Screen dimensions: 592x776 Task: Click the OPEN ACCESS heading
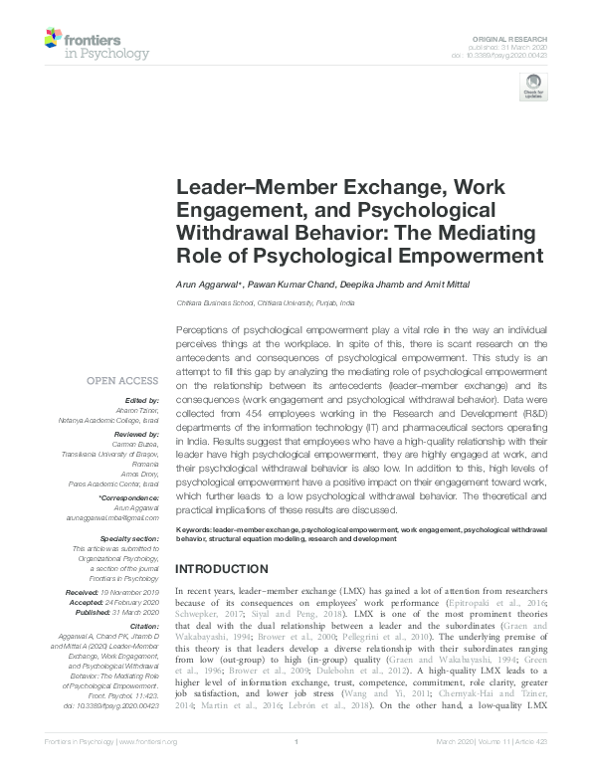tap(121, 380)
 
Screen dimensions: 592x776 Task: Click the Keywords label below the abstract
tap(199, 532)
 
